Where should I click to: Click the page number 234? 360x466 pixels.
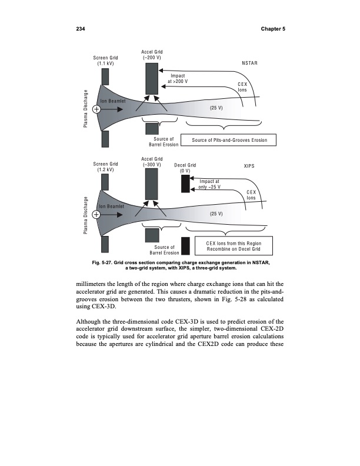point(82,29)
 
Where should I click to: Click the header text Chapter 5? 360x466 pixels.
point(272,29)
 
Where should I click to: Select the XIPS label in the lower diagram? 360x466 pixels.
point(249,166)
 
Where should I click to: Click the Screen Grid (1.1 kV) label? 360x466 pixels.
point(106,60)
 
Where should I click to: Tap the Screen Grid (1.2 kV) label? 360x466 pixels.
point(106,167)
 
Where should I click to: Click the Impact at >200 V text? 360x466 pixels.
point(178,78)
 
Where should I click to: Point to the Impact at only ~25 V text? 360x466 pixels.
point(210,184)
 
